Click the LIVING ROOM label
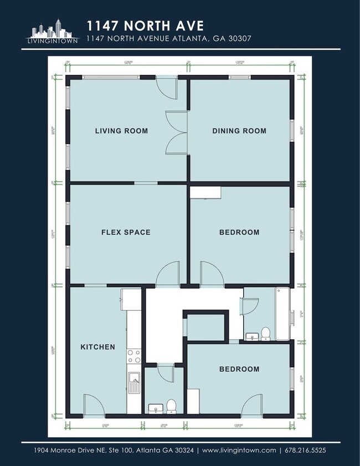click(x=121, y=131)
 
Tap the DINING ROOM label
click(x=239, y=131)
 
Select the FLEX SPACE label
click(x=125, y=232)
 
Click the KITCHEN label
click(x=98, y=347)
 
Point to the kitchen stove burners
click(x=133, y=356)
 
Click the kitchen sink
click(x=133, y=382)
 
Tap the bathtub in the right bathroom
click(x=282, y=314)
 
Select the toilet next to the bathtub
click(x=265, y=334)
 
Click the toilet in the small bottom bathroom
click(x=171, y=406)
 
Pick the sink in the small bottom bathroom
click(x=154, y=409)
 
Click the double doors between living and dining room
click(x=177, y=132)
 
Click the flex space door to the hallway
click(x=167, y=275)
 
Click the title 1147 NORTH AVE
click(x=145, y=25)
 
